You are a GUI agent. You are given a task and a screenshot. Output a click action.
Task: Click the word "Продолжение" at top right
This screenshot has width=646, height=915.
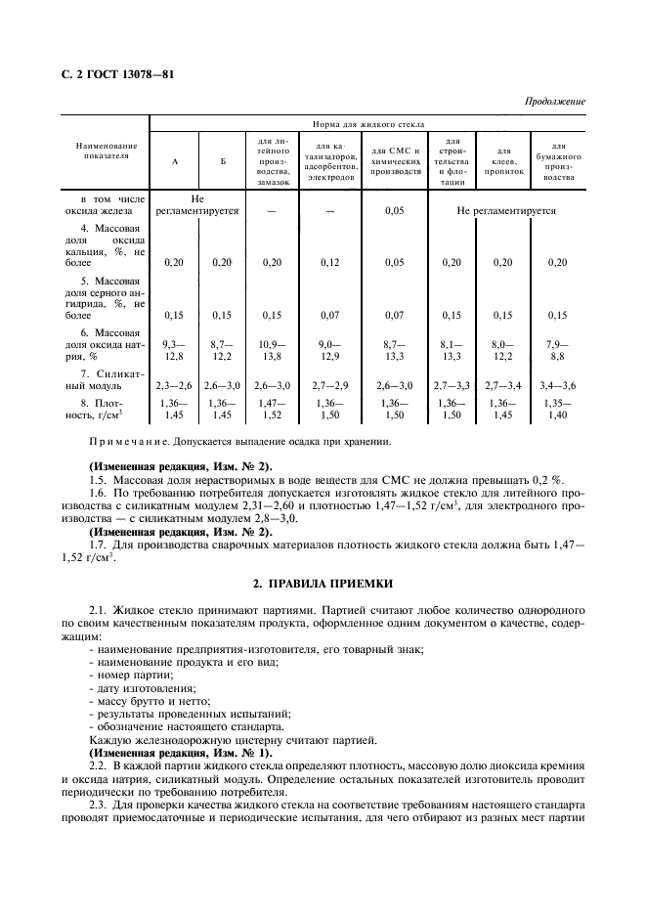coord(554,102)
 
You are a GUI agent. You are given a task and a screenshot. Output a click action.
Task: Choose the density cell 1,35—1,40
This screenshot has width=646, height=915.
coord(557,409)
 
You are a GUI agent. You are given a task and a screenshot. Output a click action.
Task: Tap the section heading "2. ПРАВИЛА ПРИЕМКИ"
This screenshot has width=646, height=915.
coord(323,584)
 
